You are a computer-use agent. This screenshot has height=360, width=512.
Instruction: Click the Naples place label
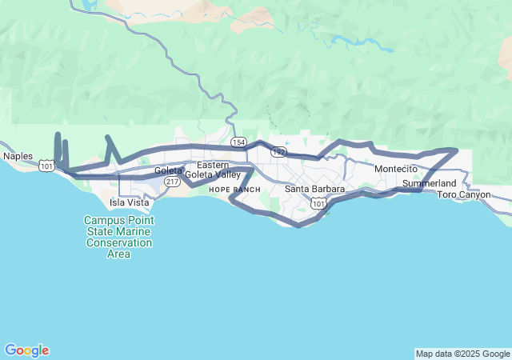click(18, 156)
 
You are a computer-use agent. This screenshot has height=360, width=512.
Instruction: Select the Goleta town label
click(169, 170)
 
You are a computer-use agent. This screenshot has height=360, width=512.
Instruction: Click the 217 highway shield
click(172, 182)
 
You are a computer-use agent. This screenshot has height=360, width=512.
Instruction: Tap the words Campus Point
click(118, 220)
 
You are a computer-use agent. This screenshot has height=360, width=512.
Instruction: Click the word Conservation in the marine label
click(118, 242)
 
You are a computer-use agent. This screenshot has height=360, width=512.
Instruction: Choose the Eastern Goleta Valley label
click(213, 170)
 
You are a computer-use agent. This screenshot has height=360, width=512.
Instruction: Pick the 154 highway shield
click(238, 142)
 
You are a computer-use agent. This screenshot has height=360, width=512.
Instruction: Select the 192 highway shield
click(278, 151)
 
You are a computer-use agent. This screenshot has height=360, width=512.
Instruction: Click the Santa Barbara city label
click(315, 190)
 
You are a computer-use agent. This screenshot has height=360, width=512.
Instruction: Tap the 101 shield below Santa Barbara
click(319, 205)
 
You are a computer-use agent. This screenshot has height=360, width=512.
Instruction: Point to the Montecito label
click(396, 170)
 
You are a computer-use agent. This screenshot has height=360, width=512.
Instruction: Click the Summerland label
click(429, 184)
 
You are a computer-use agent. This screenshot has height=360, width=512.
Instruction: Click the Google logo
click(26, 350)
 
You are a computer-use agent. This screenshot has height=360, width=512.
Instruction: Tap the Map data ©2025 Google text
click(462, 354)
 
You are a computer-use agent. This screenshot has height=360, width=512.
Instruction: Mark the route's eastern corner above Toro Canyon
click(456, 150)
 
